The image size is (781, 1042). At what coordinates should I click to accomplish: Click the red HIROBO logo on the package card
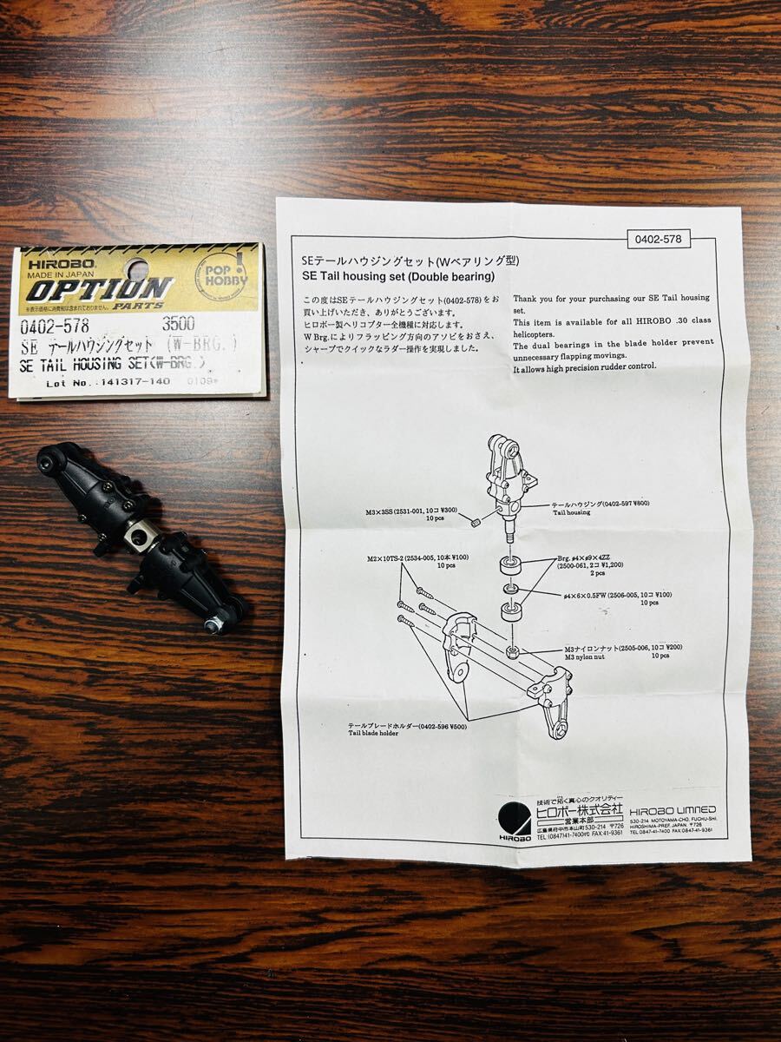click(x=52, y=260)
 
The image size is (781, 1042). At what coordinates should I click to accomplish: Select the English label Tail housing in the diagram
click(x=570, y=513)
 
